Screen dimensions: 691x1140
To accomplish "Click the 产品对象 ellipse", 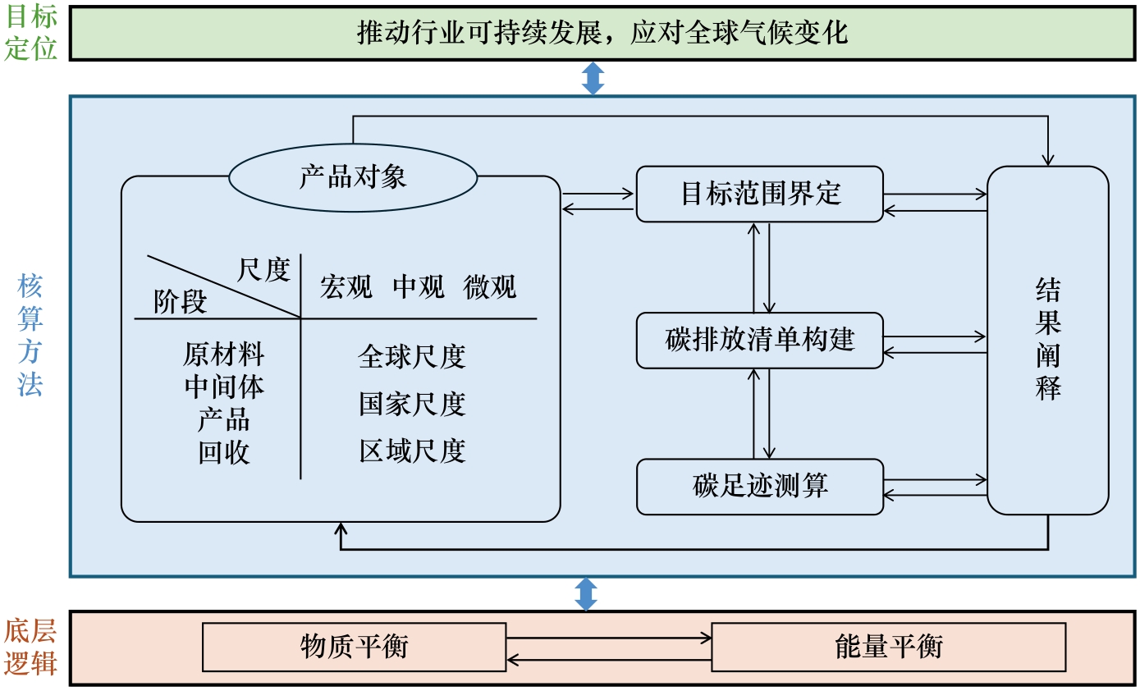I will coord(353,177).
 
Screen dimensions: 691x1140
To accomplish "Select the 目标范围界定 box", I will coord(760,194).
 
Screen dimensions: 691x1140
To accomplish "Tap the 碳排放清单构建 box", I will coord(760,340).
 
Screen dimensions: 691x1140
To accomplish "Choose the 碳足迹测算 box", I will coord(760,486).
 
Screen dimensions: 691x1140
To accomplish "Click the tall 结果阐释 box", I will coord(1047,340).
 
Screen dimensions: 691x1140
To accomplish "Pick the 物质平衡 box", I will coord(354,647).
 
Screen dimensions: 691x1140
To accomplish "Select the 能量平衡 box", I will coord(888,647).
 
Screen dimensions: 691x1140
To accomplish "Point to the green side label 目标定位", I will coord(31,33).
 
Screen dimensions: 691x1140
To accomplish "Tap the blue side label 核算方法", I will coord(30,336).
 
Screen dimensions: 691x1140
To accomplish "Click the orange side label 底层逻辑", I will coord(31,647).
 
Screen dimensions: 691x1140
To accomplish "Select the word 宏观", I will coord(346,287).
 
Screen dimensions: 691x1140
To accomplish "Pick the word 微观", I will coord(490,287).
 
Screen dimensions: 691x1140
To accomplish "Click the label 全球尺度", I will coord(412,356).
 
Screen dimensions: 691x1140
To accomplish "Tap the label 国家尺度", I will coord(412,404).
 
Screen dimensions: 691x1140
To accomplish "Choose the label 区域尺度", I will coord(412,451).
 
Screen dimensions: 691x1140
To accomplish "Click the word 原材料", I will coord(223,355).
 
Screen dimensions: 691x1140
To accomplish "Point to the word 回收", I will coord(223,452).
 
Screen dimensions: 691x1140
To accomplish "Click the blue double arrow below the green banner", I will coord(593,78).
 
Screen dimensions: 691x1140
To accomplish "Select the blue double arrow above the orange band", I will coord(586,593).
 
